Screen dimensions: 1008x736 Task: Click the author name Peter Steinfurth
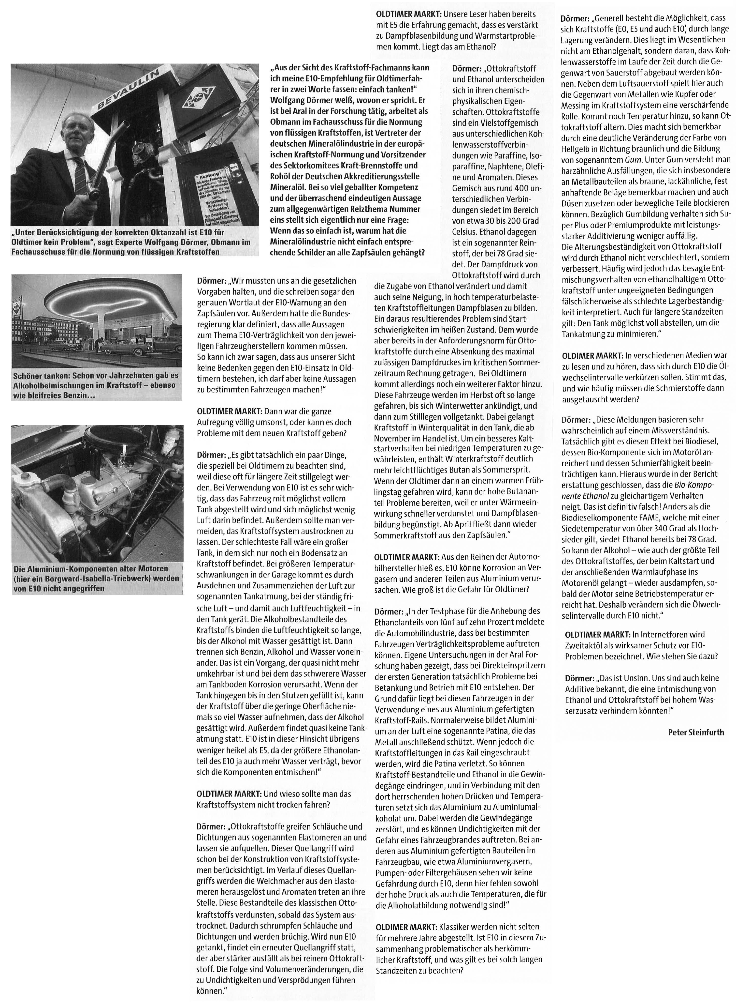pyautogui.click(x=696, y=732)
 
